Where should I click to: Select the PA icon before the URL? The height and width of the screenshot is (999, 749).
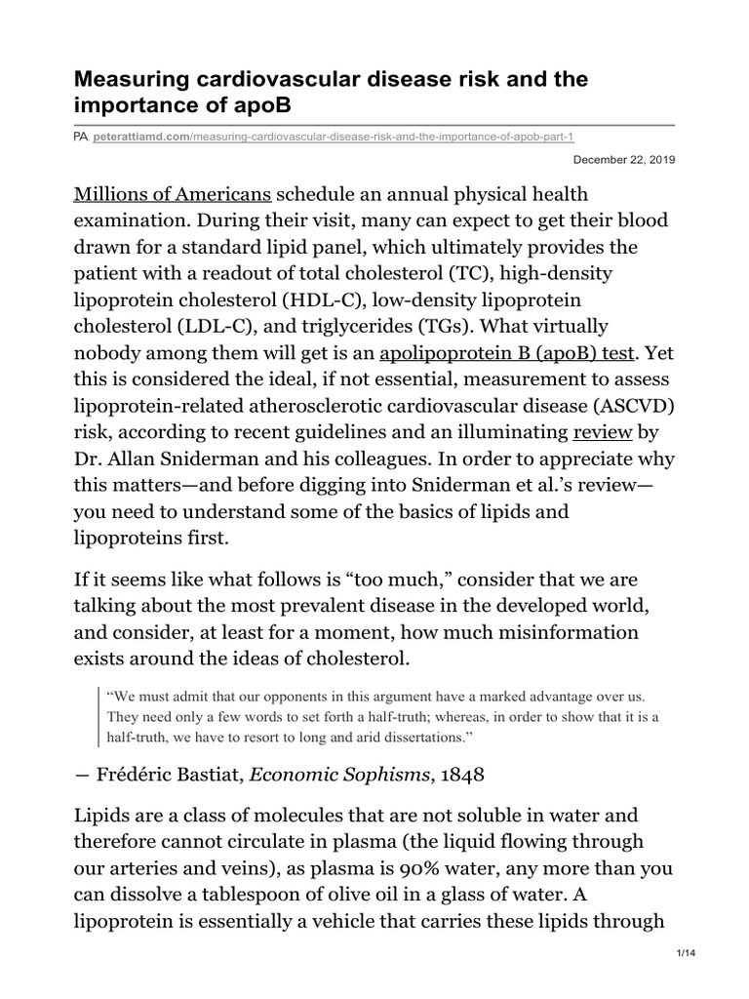point(81,139)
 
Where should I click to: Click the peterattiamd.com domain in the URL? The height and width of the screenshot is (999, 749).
point(139,139)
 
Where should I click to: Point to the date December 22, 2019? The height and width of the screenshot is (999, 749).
point(622,159)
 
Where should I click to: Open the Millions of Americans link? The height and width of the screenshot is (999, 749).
point(173,194)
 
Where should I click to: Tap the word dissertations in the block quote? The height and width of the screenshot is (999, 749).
point(427,737)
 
